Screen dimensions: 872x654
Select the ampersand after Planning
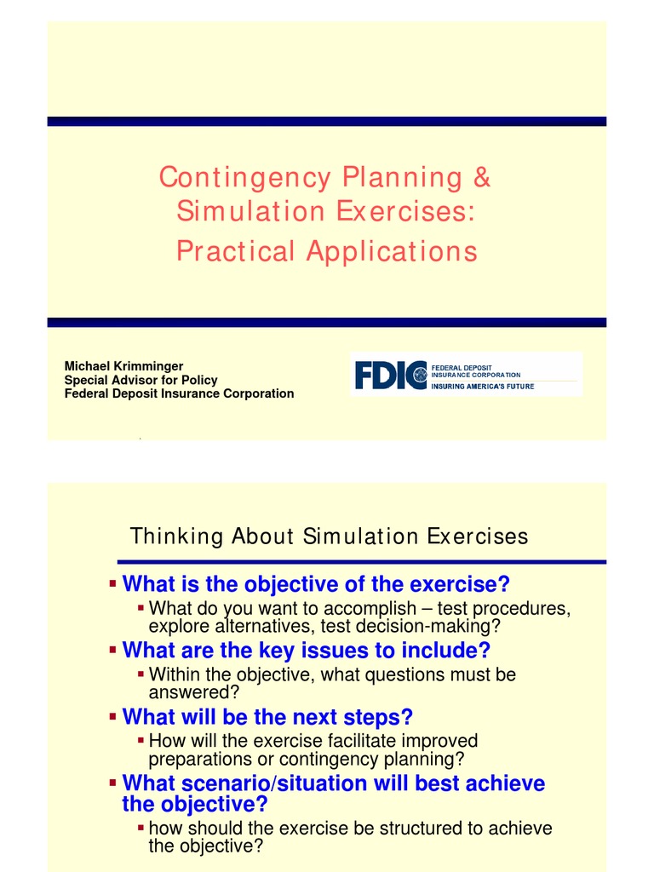(482, 178)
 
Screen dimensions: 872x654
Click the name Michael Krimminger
(123, 366)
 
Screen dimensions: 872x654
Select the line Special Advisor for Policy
(141, 380)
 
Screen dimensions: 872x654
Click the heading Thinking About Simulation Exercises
(329, 536)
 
